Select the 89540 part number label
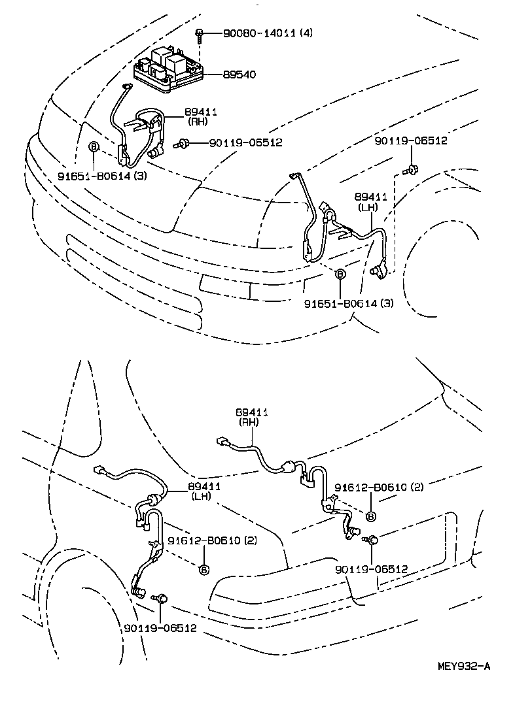(x=239, y=74)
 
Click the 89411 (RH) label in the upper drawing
(x=201, y=116)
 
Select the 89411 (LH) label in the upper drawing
(x=371, y=202)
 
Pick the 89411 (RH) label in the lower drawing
(x=251, y=417)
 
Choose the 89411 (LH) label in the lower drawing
(x=204, y=491)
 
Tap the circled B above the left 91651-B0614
(x=94, y=146)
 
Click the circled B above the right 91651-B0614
(x=340, y=274)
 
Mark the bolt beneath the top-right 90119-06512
(x=411, y=171)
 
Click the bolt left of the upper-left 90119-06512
(x=182, y=143)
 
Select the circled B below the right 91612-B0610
(x=371, y=516)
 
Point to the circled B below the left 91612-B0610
(x=204, y=570)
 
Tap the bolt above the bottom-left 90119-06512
(x=160, y=599)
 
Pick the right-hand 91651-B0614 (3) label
(x=349, y=303)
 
